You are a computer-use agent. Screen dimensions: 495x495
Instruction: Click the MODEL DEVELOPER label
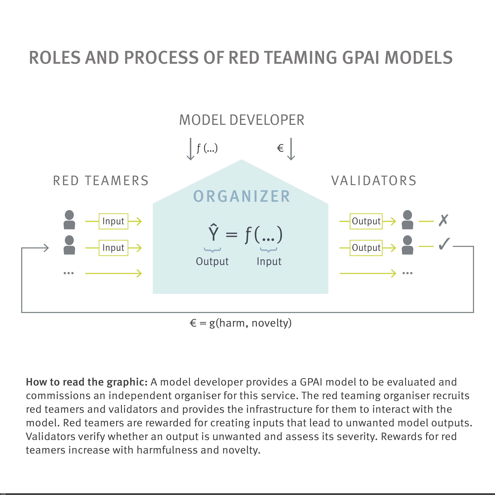(242, 120)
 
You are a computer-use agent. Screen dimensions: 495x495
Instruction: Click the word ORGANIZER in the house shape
(242, 197)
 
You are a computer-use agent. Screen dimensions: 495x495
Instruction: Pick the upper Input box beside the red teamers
(113, 221)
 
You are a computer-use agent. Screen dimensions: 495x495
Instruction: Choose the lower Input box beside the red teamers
(113, 248)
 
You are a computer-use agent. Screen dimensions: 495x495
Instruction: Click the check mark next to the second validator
(444, 244)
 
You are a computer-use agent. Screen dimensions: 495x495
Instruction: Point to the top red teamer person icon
(69, 220)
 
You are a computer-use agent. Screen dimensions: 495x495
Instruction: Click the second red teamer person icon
(69, 245)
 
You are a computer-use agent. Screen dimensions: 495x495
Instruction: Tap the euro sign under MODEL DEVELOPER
(280, 148)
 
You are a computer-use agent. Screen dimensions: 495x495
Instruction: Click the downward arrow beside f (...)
(190, 149)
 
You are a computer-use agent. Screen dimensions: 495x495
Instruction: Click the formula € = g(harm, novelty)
(240, 323)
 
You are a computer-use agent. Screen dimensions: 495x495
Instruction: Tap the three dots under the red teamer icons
(69, 273)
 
